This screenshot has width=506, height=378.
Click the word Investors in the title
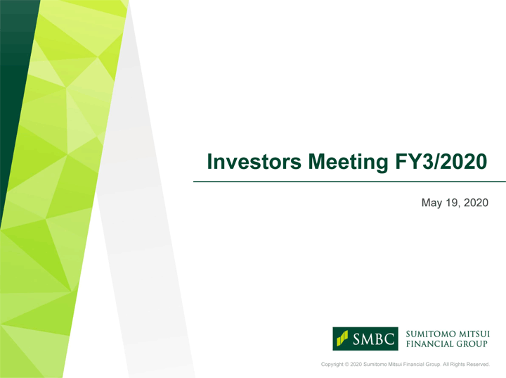(254, 161)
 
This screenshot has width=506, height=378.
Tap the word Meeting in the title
(348, 163)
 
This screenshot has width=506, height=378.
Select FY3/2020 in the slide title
(441, 161)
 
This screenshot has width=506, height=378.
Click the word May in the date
(432, 203)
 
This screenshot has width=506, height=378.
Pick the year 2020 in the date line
(476, 203)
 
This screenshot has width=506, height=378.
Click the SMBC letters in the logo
(374, 339)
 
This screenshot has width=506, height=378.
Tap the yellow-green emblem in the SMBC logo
(342, 338)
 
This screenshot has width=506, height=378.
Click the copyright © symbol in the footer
(347, 365)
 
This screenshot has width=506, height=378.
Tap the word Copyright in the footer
(332, 365)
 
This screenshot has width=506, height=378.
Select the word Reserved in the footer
(478, 365)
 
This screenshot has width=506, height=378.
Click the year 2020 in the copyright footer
(356, 365)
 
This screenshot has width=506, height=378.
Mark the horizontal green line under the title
(349, 182)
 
